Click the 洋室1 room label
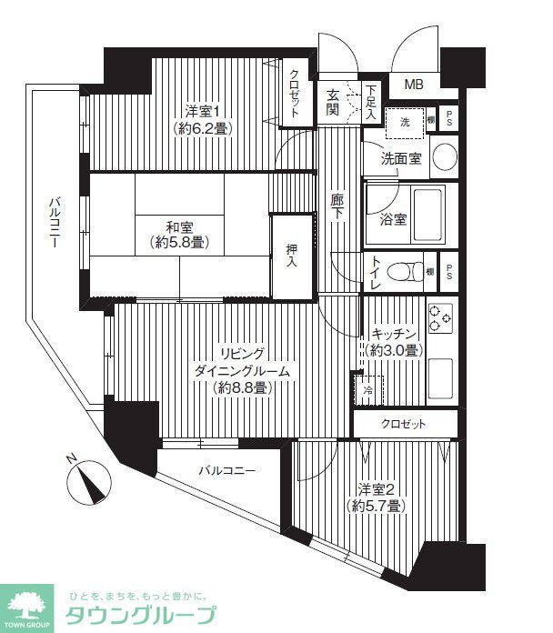click(x=204, y=119)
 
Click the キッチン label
click(x=394, y=342)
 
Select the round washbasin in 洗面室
click(x=444, y=156)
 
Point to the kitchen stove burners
click(x=440, y=315)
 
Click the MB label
click(x=414, y=85)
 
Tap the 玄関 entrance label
click(x=334, y=102)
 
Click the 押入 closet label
click(x=292, y=255)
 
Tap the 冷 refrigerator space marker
click(x=367, y=389)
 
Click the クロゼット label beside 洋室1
click(x=296, y=94)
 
